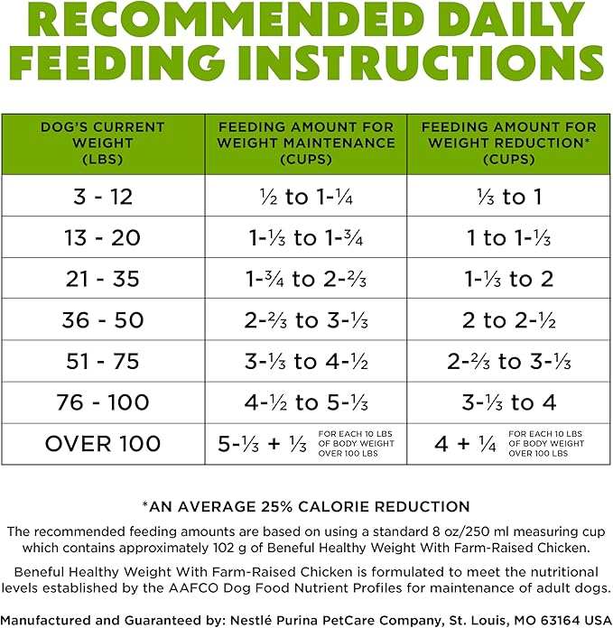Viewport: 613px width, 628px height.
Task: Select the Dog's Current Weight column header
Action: click(x=103, y=143)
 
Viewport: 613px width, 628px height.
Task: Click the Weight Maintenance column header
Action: click(x=306, y=143)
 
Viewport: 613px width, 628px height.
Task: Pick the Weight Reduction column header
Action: click(x=509, y=143)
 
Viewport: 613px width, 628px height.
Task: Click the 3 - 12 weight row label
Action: click(x=103, y=197)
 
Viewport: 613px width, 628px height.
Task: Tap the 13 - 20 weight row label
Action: click(x=103, y=238)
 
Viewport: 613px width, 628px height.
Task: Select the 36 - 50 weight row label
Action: click(x=103, y=320)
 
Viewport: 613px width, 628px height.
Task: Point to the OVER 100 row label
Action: click(x=103, y=444)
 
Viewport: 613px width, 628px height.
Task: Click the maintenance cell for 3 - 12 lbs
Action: click(x=307, y=197)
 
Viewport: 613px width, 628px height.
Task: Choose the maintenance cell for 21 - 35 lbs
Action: click(x=306, y=279)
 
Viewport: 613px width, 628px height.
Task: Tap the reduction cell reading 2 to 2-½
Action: click(x=509, y=320)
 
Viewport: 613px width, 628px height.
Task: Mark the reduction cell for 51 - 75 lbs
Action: click(x=509, y=361)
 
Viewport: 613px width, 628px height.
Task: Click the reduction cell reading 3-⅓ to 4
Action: click(x=509, y=402)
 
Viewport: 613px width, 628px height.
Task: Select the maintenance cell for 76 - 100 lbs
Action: click(x=306, y=402)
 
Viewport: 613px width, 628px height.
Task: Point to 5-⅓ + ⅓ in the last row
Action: click(x=263, y=444)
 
